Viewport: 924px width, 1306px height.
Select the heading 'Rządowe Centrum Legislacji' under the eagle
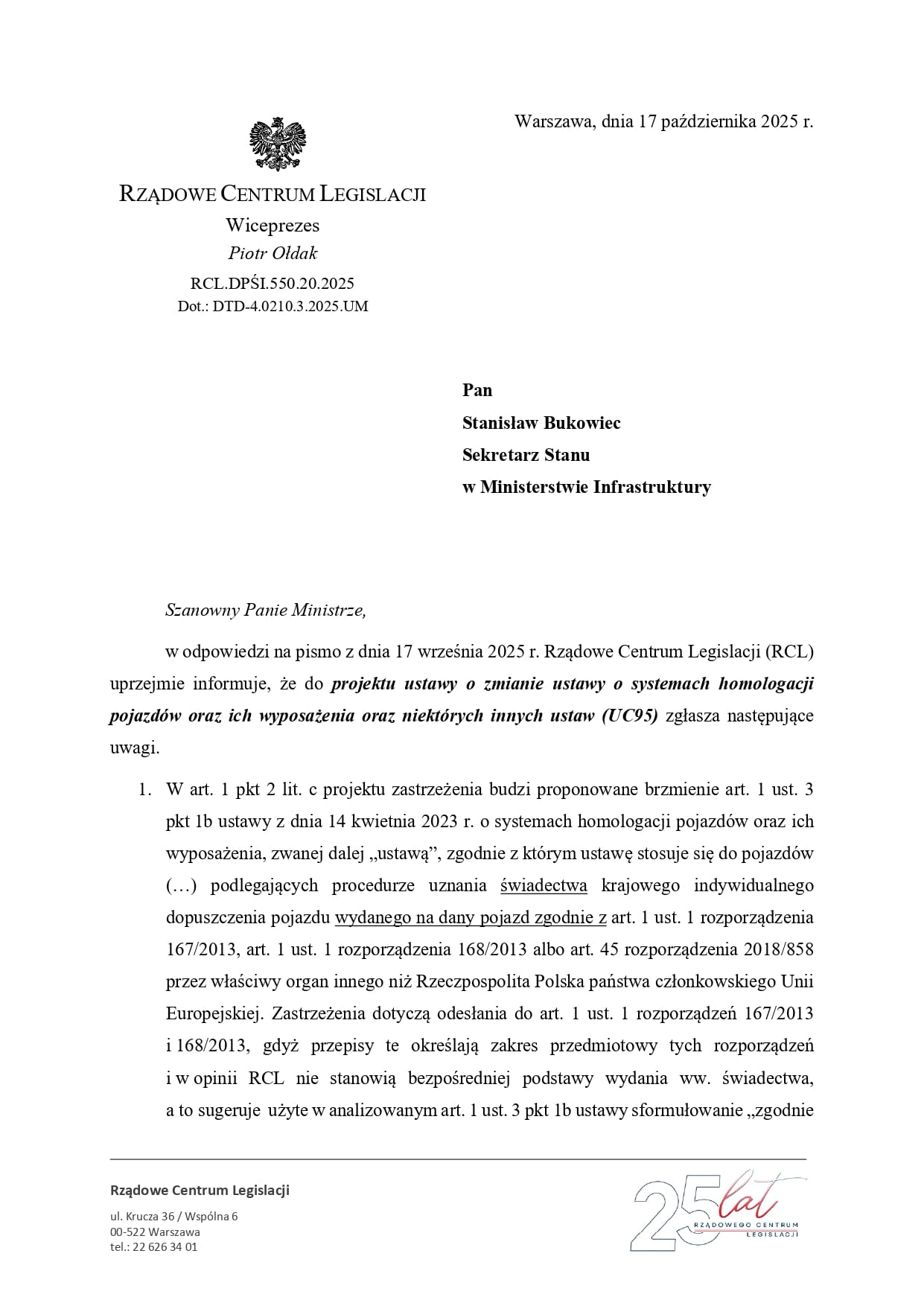click(x=273, y=194)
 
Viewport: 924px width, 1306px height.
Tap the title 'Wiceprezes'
click(x=273, y=225)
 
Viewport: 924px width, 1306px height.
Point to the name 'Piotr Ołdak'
click(x=273, y=253)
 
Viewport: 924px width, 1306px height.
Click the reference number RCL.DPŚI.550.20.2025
click(x=273, y=283)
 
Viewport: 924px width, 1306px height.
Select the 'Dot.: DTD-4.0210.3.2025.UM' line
click(x=273, y=306)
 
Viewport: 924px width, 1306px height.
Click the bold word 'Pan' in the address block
click(x=477, y=390)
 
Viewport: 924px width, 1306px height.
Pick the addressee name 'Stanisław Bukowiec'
click(x=541, y=423)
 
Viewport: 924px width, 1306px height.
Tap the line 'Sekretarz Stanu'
click(x=526, y=454)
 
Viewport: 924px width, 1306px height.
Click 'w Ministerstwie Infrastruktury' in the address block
click(x=586, y=487)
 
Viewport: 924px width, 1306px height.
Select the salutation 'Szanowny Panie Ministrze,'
click(x=266, y=611)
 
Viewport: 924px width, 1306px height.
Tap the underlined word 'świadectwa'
click(x=544, y=885)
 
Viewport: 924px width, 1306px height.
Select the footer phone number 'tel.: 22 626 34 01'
click(x=153, y=1247)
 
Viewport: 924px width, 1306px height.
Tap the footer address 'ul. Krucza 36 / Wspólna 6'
click(x=173, y=1217)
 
